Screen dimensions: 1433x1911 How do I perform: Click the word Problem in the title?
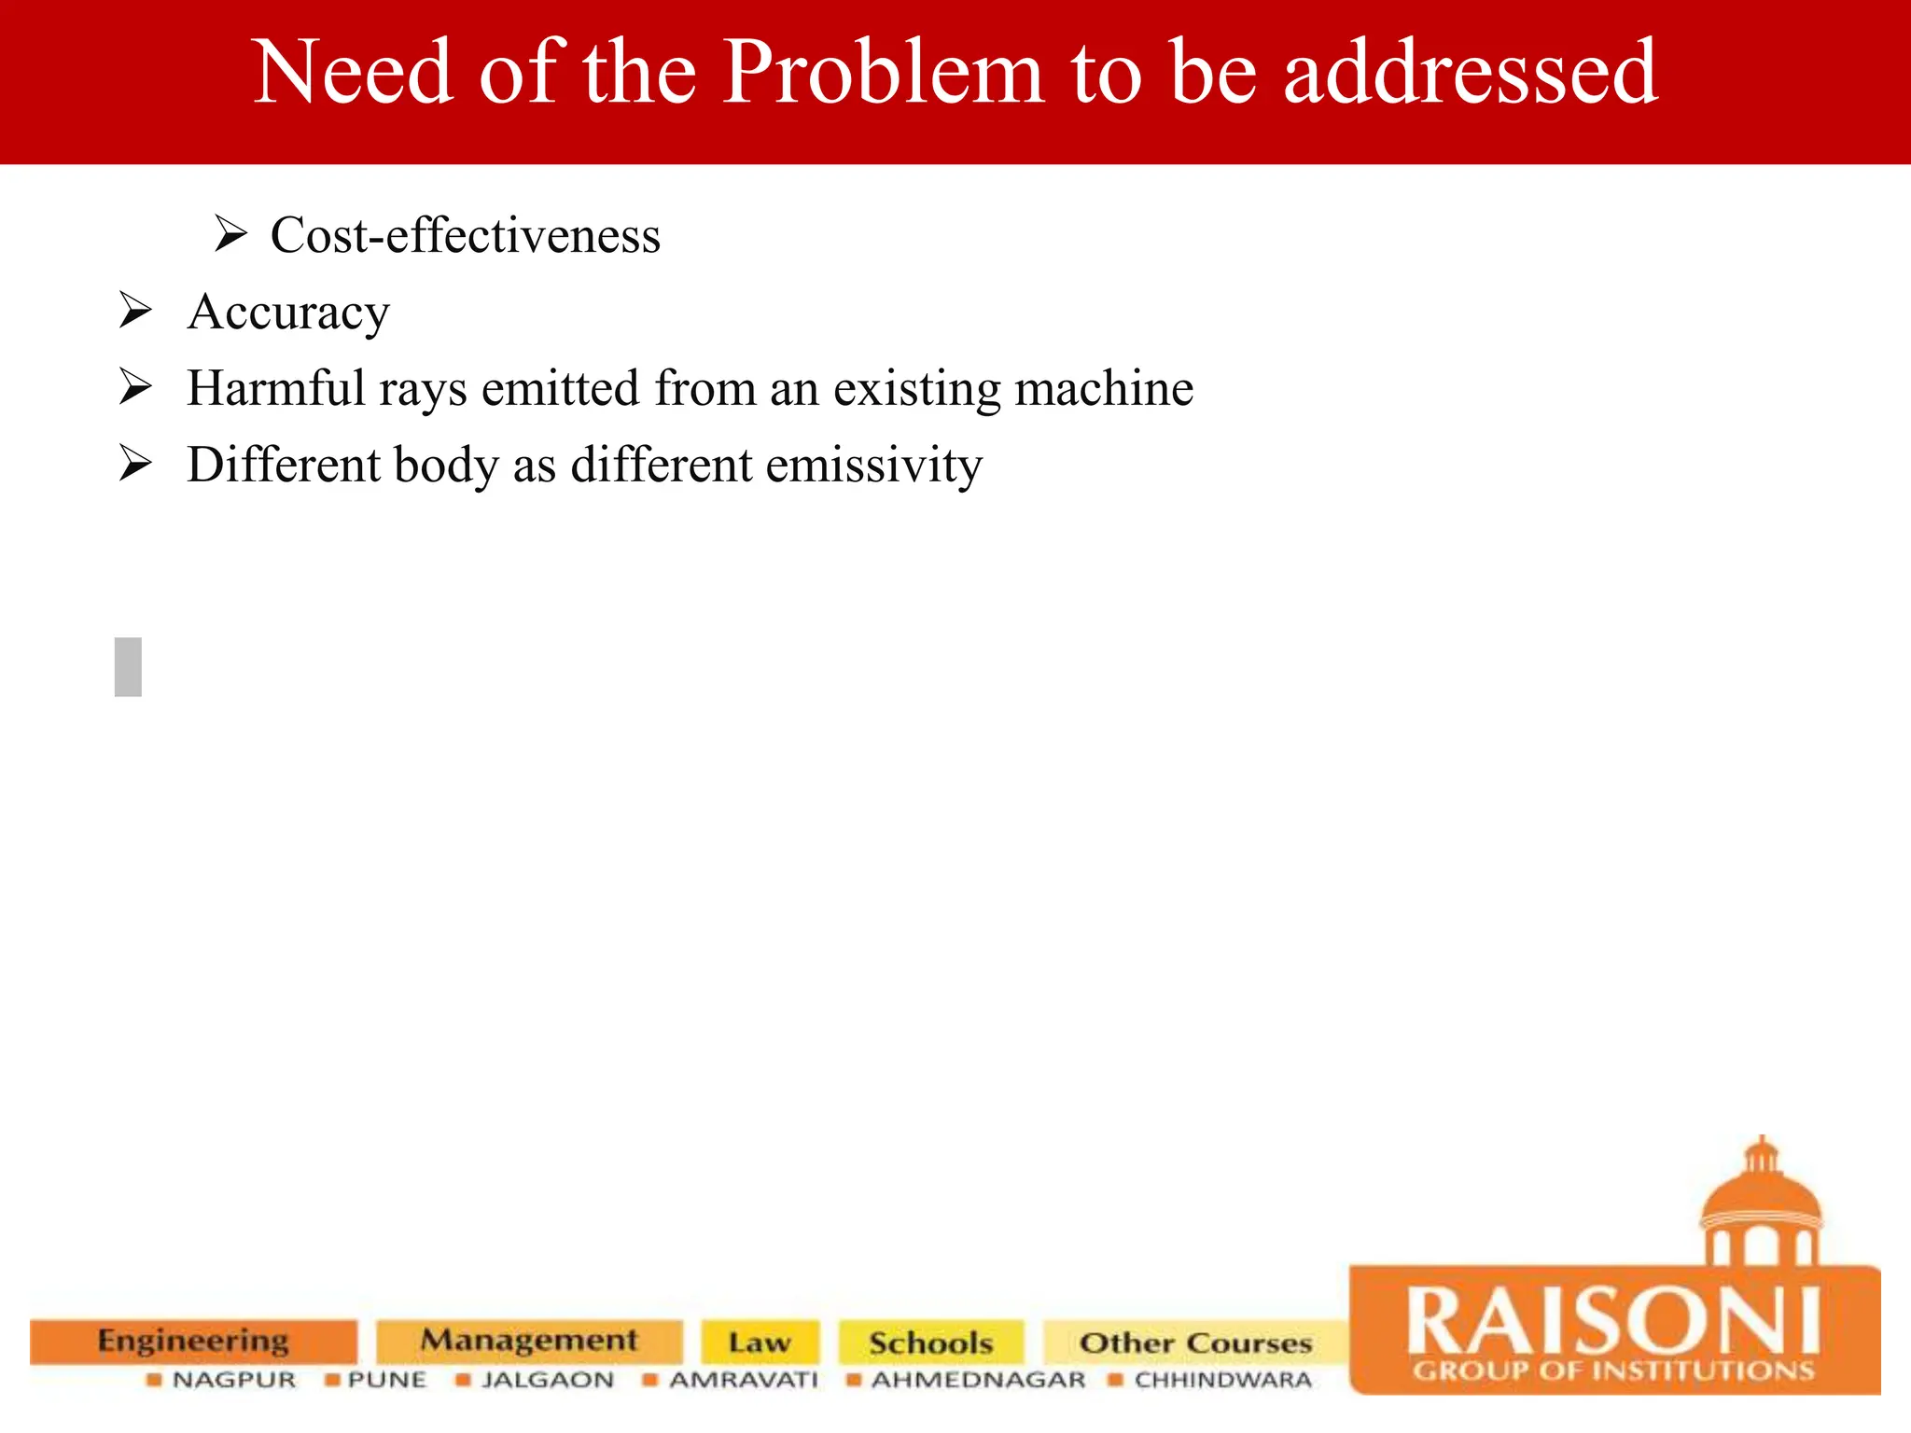(x=883, y=73)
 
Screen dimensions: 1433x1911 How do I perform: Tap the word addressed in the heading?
(x=1471, y=73)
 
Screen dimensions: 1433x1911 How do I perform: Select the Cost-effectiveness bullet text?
(x=465, y=235)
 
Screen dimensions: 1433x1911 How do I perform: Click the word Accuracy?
(x=287, y=313)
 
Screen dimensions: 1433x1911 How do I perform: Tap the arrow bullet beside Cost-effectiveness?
(x=230, y=233)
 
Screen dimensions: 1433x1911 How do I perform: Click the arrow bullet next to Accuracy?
(x=135, y=311)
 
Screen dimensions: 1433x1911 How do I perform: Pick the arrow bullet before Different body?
(x=135, y=464)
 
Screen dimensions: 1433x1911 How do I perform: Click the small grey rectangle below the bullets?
(x=128, y=667)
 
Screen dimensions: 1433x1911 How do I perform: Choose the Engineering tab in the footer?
(x=193, y=1341)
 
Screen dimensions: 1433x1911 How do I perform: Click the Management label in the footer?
(x=529, y=1341)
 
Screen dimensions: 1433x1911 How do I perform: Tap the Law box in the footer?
(x=760, y=1343)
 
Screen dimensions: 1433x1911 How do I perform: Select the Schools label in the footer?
(x=930, y=1343)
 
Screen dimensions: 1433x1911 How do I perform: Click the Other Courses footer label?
(x=1195, y=1343)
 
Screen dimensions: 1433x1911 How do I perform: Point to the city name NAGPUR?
(x=233, y=1380)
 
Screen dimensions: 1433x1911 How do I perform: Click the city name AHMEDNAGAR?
(x=978, y=1380)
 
